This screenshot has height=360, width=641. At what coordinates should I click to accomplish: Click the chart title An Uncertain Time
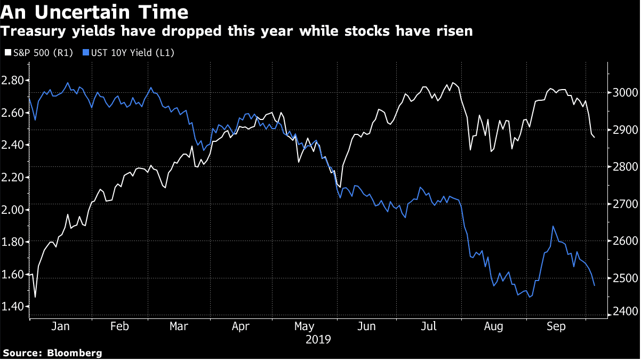coord(94,12)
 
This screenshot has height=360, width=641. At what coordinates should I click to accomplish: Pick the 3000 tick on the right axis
coord(621,93)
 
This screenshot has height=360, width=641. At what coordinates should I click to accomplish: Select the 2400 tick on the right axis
coord(621,311)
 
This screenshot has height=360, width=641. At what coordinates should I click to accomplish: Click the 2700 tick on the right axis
coord(621,204)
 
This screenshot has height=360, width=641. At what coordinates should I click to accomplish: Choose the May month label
coord(304,326)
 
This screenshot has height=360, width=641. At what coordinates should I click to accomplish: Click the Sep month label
coord(556,326)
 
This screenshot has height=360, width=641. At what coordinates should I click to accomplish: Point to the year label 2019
coord(318,339)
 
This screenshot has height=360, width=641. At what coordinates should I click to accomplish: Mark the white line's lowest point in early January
coord(35,297)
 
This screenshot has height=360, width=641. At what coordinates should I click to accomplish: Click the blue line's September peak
coord(553,226)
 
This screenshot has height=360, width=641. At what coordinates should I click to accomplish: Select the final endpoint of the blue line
coord(594,285)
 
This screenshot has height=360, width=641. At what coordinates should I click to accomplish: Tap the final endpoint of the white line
coord(595,137)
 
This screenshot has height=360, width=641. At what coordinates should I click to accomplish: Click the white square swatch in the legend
coord(6,53)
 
